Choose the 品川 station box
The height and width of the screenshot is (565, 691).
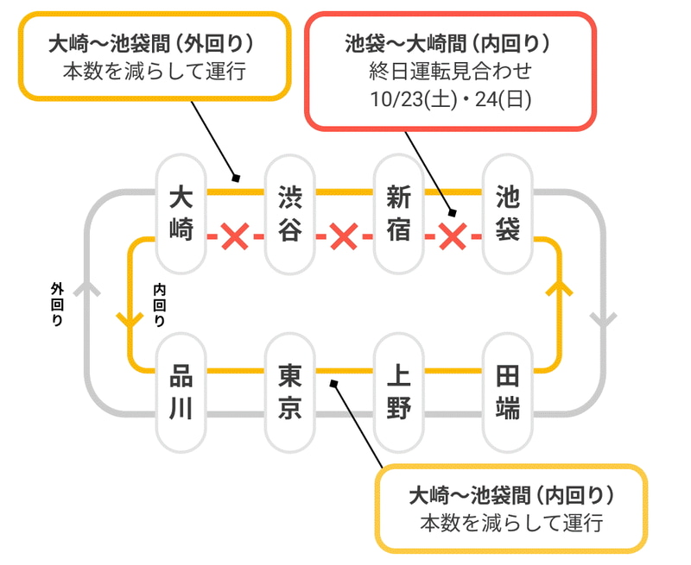[x=181, y=392]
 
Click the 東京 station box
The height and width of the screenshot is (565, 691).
[x=289, y=392]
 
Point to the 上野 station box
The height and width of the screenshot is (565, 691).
[x=398, y=392]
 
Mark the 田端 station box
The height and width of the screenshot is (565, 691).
[x=508, y=392]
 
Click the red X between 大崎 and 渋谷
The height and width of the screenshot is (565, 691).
[x=234, y=235]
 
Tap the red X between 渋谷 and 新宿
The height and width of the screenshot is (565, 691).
[x=344, y=235]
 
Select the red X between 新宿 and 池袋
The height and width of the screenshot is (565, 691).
[x=453, y=235]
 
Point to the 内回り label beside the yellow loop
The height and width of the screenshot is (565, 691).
[x=160, y=304]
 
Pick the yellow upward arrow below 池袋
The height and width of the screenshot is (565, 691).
[x=560, y=290]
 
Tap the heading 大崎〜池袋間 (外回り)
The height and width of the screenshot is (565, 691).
[x=155, y=43]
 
